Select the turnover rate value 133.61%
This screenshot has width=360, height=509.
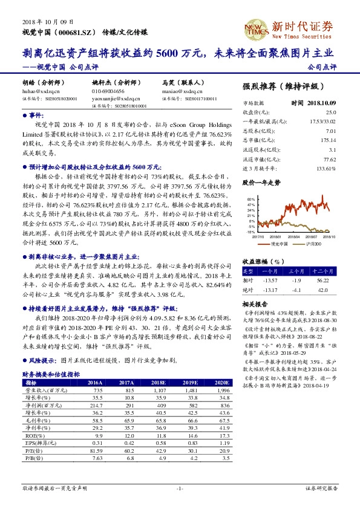(x=326, y=167)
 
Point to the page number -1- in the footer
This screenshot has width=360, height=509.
(x=180, y=487)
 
